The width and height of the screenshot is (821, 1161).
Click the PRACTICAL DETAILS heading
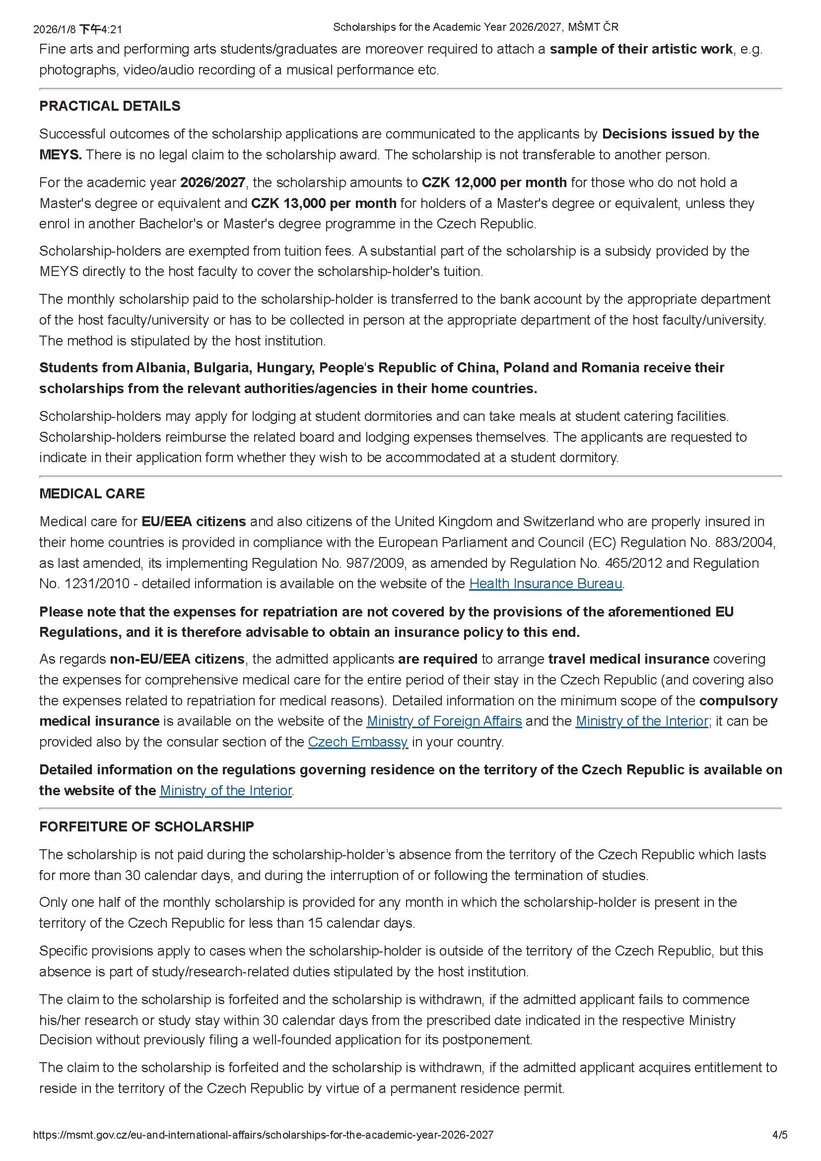click(110, 106)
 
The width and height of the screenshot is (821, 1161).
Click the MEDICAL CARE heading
click(91, 493)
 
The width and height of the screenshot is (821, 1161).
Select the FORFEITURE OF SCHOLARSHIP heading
click(146, 827)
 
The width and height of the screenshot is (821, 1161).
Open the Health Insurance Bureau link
click(546, 584)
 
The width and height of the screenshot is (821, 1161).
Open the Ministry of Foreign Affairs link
click(444, 721)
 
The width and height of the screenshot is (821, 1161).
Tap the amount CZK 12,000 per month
click(494, 182)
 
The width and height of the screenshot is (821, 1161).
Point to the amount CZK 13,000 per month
click(324, 204)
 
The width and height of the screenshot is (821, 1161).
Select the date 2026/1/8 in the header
click(55, 29)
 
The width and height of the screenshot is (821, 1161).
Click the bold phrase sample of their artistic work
click(641, 49)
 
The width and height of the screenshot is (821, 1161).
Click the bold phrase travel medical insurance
click(629, 659)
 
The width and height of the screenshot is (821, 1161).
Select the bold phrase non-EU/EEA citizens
click(177, 659)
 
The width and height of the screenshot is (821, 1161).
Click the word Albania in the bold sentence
click(162, 368)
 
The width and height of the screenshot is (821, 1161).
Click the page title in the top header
click(475, 27)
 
